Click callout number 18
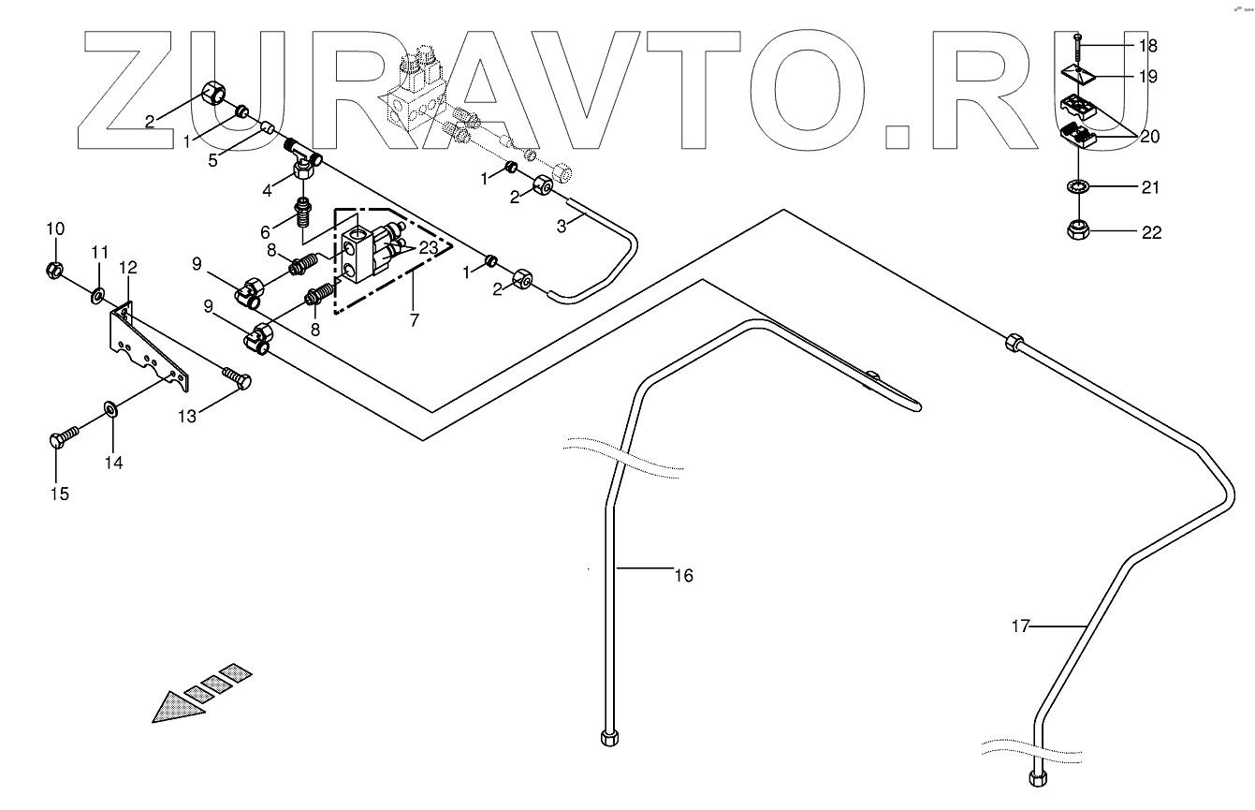click(x=1147, y=45)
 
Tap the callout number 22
click(x=1151, y=233)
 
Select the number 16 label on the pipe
click(x=684, y=575)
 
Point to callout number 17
click(x=1020, y=626)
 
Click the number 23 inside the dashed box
click(x=429, y=248)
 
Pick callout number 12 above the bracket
click(x=128, y=268)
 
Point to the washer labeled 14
click(x=110, y=409)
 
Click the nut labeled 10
click(x=54, y=271)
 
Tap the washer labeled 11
click(x=97, y=297)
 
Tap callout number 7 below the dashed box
click(x=414, y=319)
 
